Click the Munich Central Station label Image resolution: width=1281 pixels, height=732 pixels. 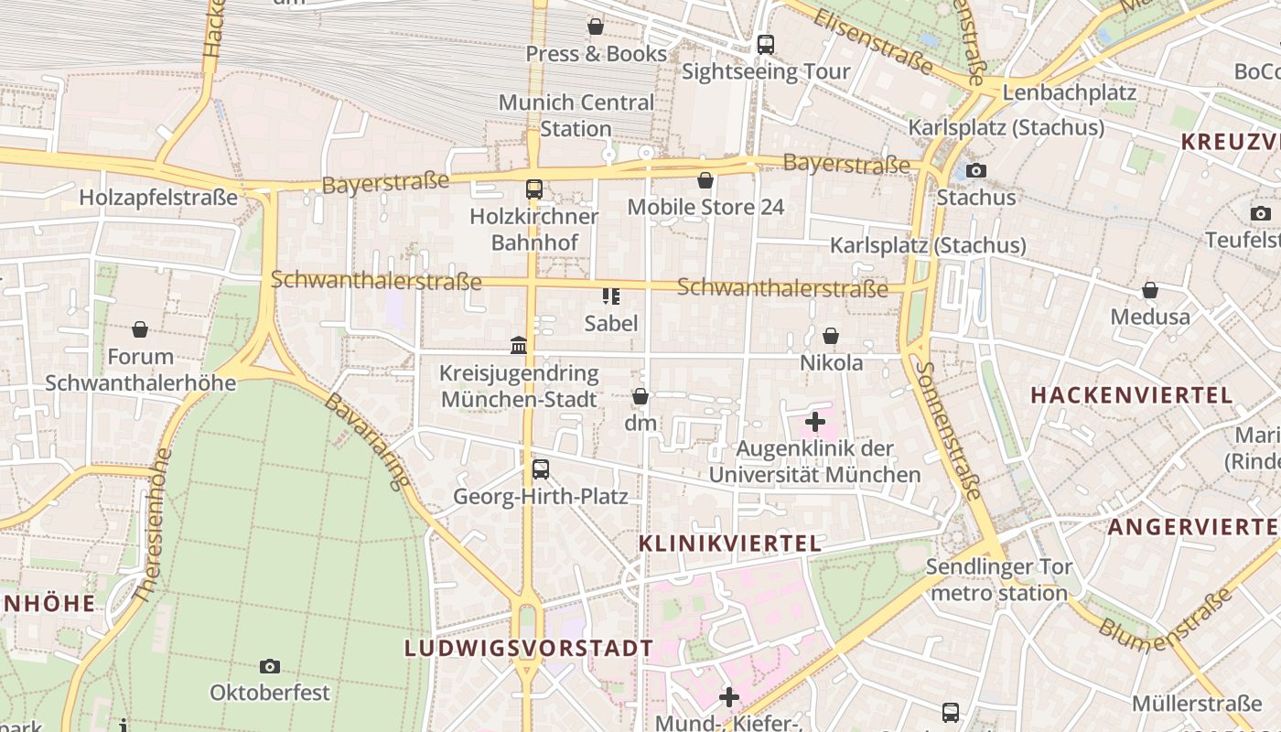coord(576,115)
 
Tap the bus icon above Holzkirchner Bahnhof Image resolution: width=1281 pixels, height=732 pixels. coord(534,189)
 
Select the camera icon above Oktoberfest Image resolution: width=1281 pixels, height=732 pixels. coord(269,666)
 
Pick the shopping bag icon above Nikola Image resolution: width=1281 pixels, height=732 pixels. coord(831,336)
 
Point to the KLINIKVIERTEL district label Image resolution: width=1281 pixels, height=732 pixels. coord(729,544)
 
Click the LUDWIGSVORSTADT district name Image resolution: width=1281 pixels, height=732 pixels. coord(529,648)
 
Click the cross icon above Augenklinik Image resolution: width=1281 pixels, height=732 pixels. coord(814,422)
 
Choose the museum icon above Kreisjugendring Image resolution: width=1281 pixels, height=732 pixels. coord(519,345)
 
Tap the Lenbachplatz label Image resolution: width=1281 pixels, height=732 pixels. coord(1069,92)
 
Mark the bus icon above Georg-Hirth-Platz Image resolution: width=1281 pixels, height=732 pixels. coord(541,469)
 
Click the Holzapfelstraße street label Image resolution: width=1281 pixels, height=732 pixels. coord(158,198)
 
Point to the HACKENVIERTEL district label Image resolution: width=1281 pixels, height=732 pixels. coord(1131,395)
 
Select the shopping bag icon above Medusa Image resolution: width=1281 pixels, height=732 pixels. coord(1150,290)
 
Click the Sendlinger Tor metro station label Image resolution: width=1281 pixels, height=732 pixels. coord(998,580)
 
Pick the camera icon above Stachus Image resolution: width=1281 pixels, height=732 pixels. coord(976,170)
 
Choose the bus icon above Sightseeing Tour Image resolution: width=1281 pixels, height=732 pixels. coord(766,44)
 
